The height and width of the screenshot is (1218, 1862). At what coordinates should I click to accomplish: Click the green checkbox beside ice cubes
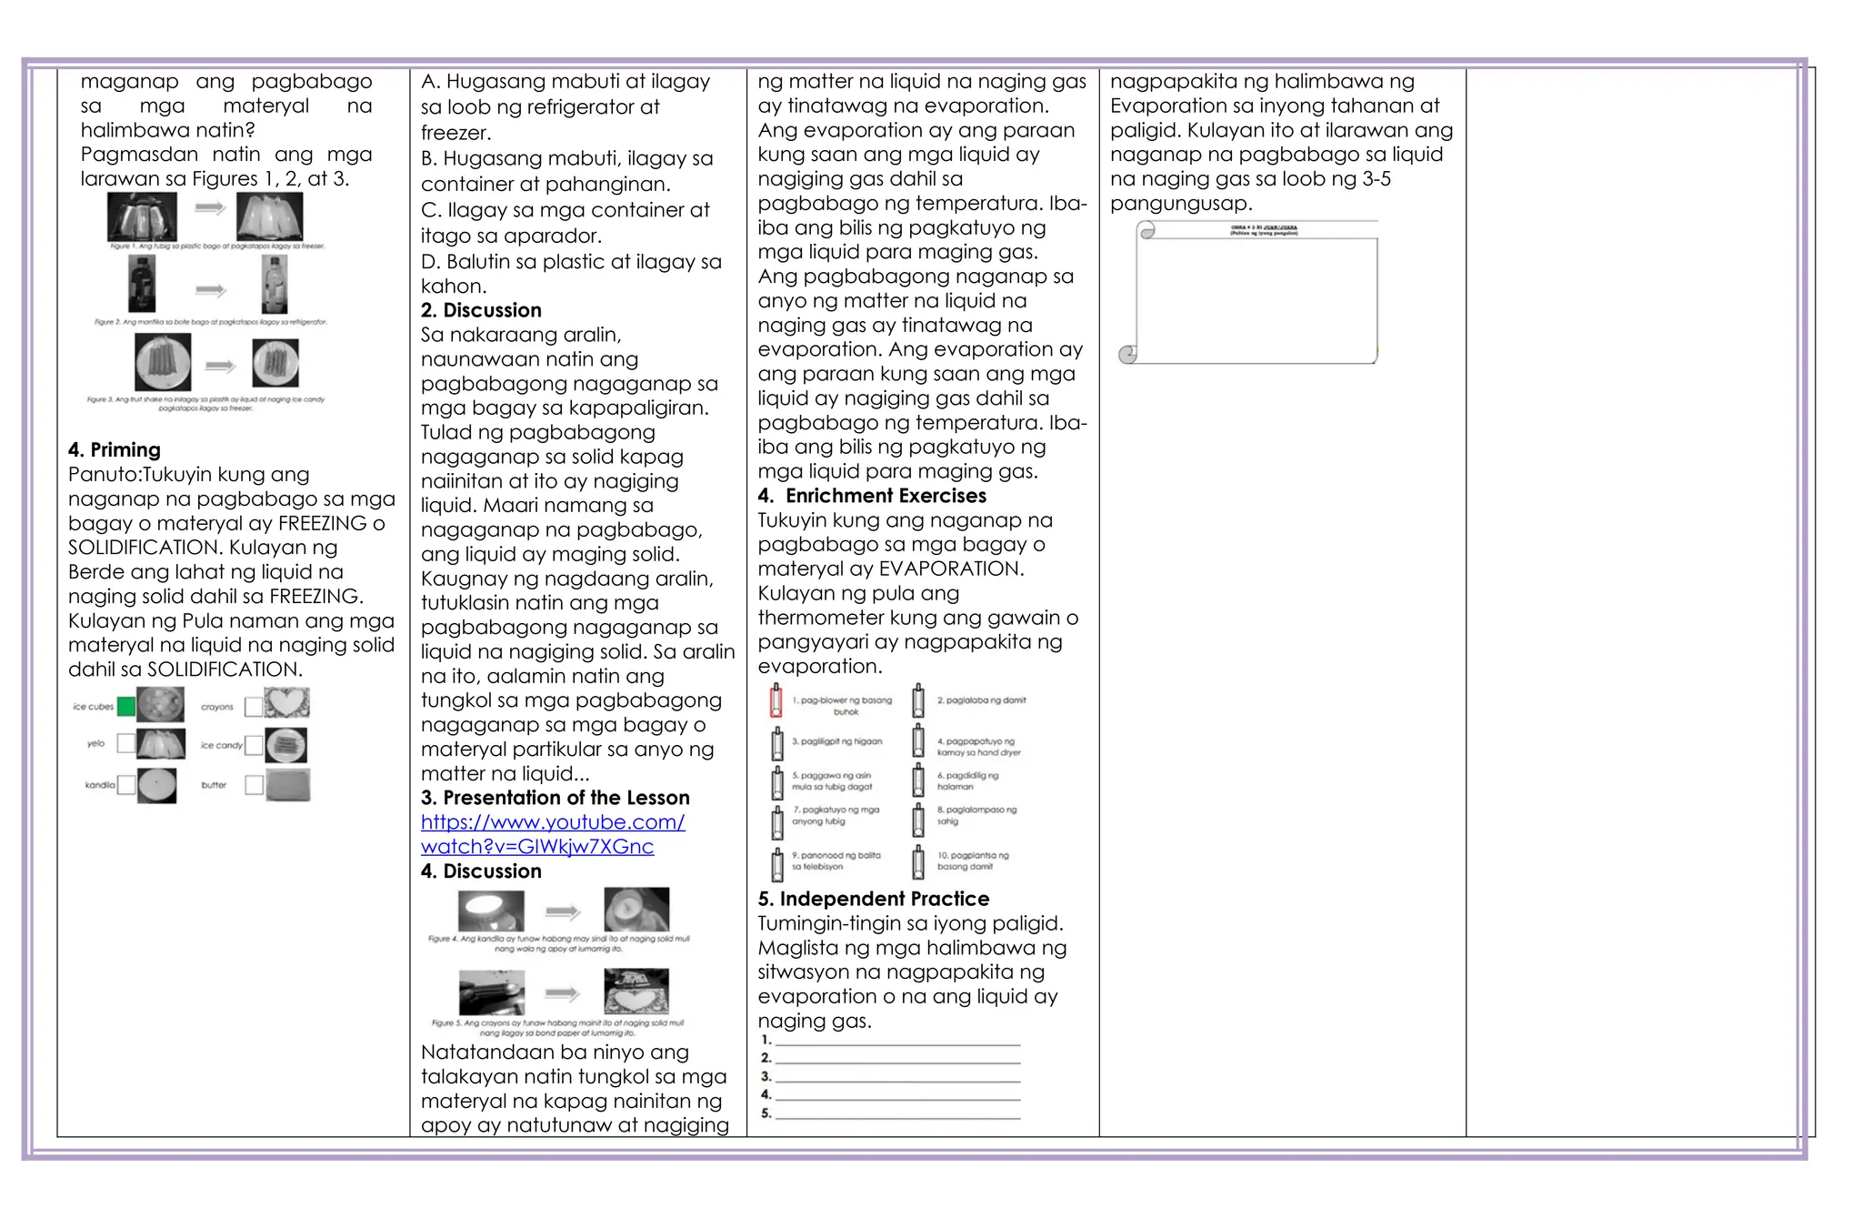point(126,706)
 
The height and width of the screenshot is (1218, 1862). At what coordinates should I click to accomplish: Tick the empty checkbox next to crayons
point(254,706)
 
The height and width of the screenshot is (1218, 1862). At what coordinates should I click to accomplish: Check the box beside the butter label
point(254,784)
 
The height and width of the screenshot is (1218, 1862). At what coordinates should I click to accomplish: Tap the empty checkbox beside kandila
point(126,784)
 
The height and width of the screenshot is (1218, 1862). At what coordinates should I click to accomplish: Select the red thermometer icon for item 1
point(776,701)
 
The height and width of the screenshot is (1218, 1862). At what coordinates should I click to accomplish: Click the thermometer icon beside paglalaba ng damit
point(918,701)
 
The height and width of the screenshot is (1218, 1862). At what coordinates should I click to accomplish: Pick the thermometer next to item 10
point(918,862)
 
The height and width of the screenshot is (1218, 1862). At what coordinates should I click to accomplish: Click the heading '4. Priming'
point(115,449)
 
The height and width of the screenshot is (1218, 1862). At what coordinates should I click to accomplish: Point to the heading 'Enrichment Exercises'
point(886,496)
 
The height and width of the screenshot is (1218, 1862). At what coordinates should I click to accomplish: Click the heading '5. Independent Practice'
point(874,899)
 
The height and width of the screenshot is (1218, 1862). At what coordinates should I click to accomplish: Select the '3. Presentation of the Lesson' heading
point(555,798)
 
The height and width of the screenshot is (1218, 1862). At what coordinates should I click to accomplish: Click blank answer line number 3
point(897,1078)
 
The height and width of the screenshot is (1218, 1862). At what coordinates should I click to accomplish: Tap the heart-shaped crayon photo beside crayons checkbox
point(287,703)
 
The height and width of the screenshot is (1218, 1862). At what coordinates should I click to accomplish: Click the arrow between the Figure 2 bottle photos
point(211,290)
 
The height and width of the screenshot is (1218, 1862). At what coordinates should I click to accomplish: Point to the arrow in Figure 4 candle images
point(563,911)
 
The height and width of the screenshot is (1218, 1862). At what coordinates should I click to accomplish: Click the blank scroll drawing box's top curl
point(1147,230)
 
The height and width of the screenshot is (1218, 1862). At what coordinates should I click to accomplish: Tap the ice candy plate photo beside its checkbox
point(286,745)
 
